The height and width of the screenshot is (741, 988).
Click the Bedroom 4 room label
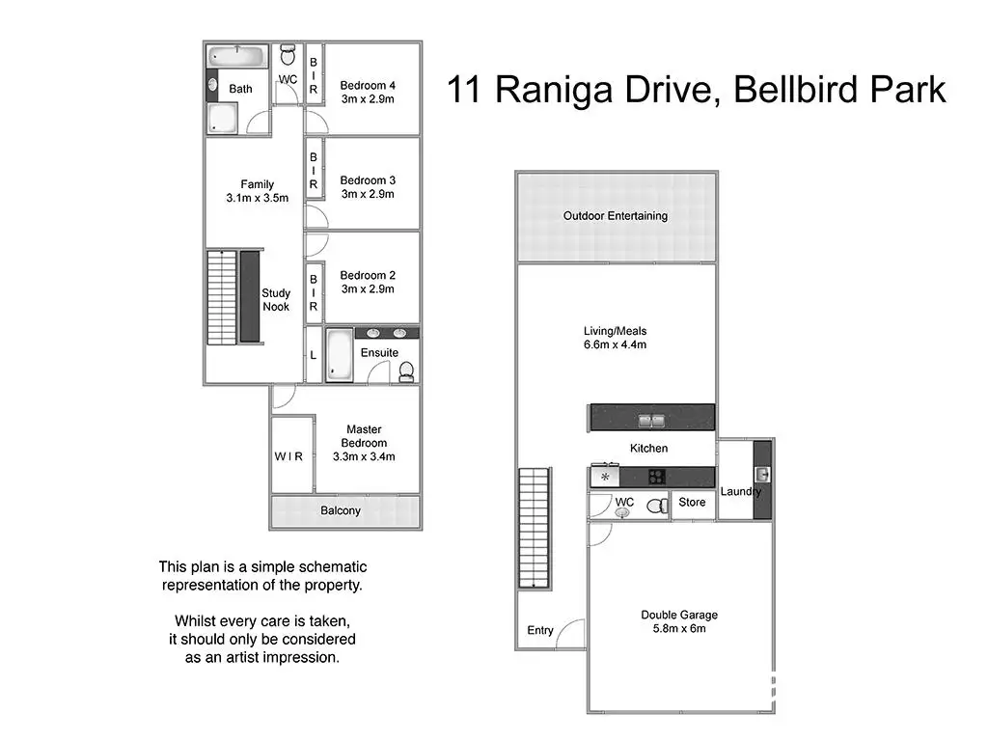[368, 85]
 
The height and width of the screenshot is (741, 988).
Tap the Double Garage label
[679, 615]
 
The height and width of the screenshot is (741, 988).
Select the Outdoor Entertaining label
[616, 215]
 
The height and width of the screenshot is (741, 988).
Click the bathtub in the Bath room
[237, 55]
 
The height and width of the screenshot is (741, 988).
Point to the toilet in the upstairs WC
[288, 54]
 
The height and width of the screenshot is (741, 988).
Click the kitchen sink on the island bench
[651, 420]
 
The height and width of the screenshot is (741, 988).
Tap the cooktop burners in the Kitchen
[656, 477]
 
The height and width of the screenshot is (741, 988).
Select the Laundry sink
[762, 474]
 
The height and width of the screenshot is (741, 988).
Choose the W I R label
[288, 456]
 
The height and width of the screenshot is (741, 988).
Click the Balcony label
[341, 510]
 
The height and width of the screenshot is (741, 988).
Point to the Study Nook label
[276, 300]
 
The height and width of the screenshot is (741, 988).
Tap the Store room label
[692, 502]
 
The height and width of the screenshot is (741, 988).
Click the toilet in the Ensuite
[406, 371]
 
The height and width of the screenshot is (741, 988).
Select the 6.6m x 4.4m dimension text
[615, 344]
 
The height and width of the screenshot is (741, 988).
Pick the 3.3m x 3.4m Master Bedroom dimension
[364, 456]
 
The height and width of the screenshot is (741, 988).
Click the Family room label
[257, 184]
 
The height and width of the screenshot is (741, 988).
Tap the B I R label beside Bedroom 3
[314, 171]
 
